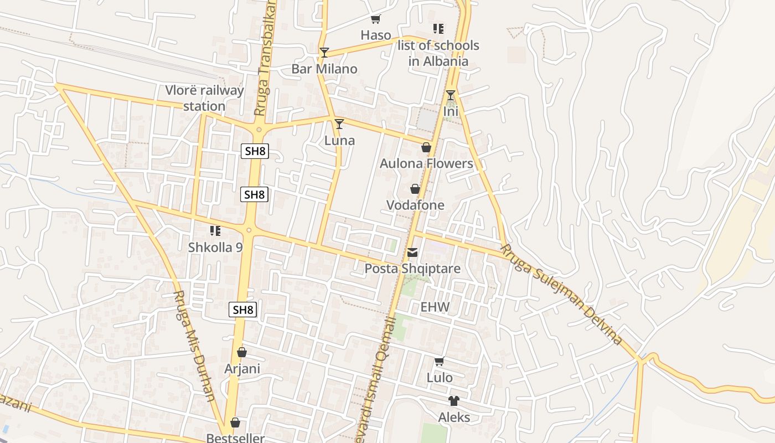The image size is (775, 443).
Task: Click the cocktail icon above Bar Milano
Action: point(324,53)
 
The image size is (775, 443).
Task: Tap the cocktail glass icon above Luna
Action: point(339,124)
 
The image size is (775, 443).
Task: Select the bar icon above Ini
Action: point(451,95)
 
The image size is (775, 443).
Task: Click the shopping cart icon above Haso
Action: point(376,19)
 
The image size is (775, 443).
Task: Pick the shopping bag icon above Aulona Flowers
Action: point(426,147)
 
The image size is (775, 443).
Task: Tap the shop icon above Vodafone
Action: point(415,189)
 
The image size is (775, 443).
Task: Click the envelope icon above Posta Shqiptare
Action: point(412,253)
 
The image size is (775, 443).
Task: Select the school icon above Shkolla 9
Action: point(215,231)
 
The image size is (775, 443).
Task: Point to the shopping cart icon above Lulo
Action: point(440,362)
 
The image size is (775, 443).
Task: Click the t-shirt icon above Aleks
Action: point(454,401)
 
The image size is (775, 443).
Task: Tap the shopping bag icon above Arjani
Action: point(242,352)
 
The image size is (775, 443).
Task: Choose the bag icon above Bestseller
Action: point(235,423)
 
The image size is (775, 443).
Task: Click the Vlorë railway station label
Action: point(204,98)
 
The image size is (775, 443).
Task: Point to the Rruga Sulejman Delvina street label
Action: point(562,295)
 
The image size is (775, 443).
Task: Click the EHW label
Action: point(435,307)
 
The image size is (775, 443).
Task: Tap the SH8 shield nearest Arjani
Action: point(243,310)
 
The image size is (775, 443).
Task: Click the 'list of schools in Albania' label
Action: point(438,53)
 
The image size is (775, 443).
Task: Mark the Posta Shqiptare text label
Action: point(412,269)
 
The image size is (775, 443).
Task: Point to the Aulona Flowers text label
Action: point(426,163)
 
